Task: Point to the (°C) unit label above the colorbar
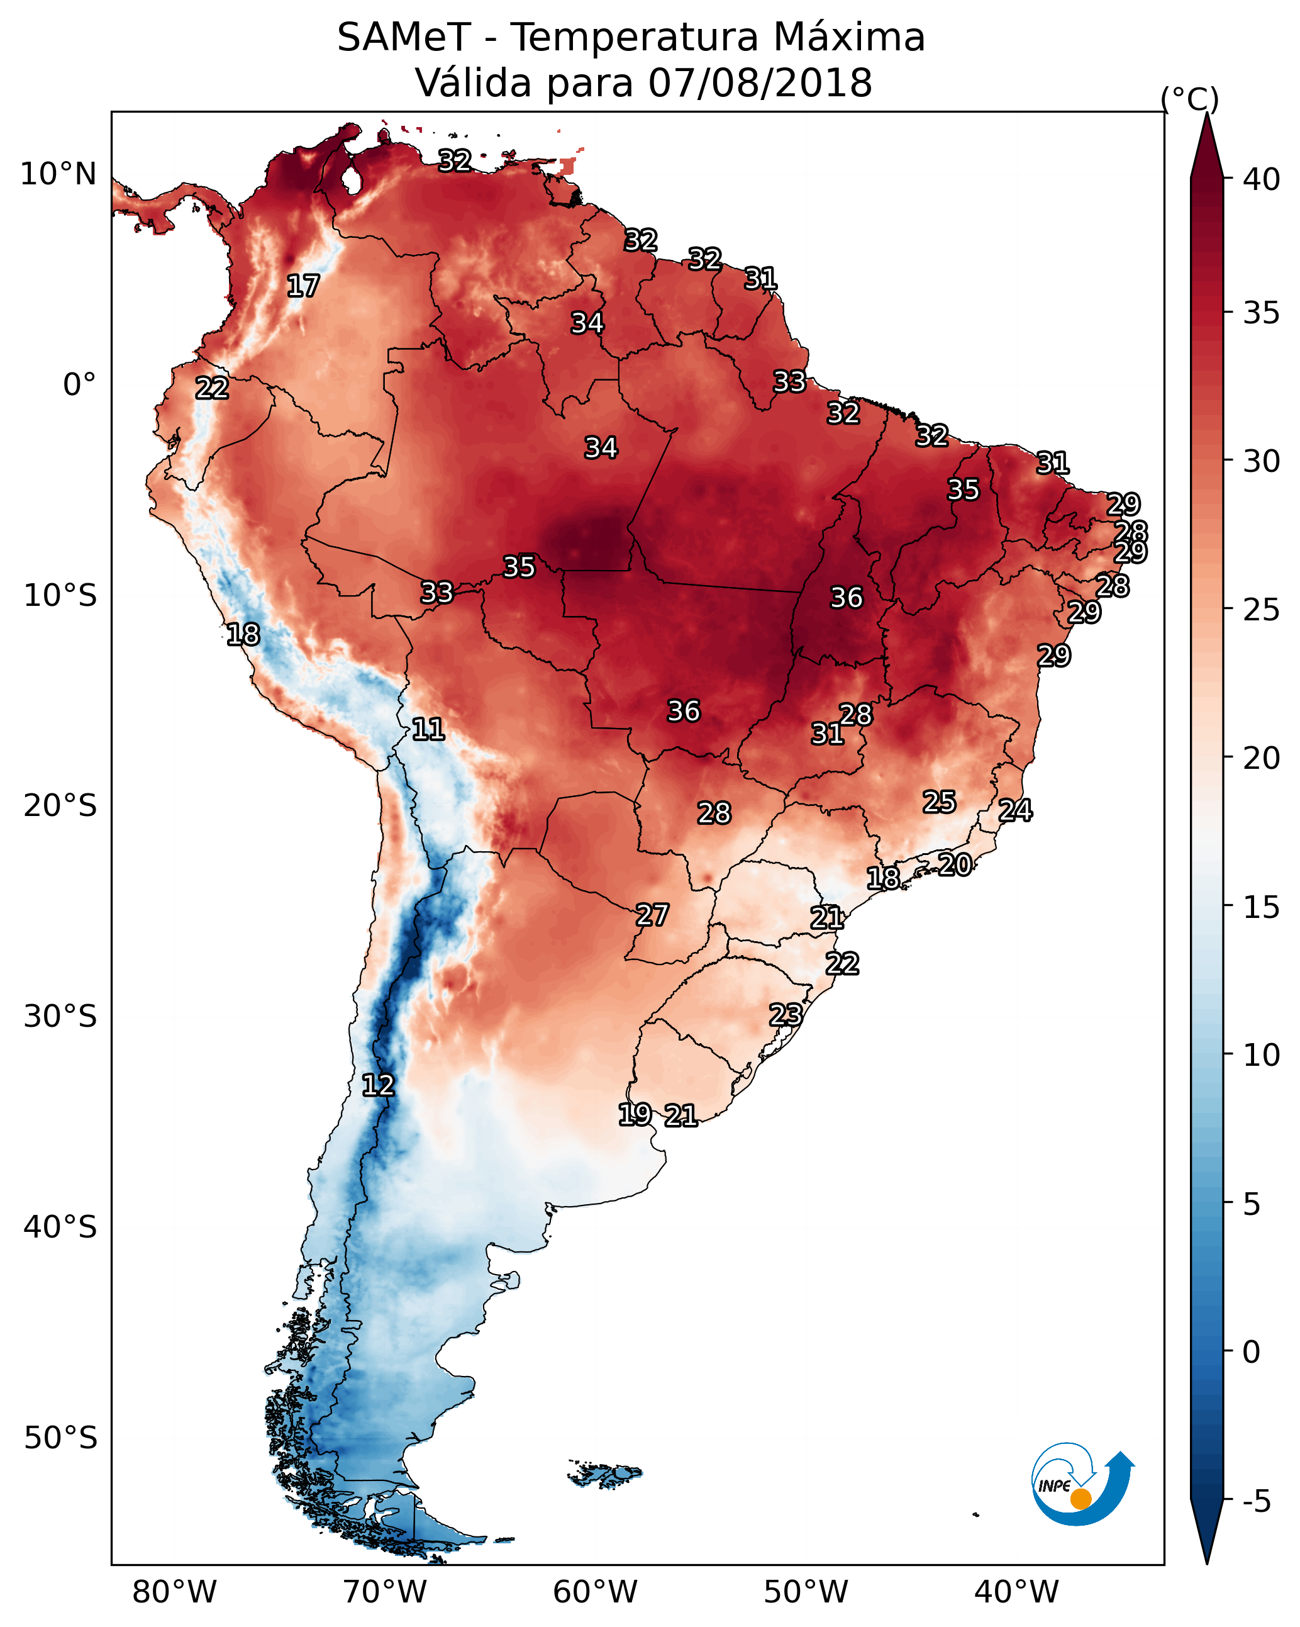1189,99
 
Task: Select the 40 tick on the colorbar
1261,179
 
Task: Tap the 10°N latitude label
58,174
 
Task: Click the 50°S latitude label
60,1438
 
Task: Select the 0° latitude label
79,385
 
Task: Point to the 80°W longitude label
174,1592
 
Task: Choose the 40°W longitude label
1016,1592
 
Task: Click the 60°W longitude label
596,1592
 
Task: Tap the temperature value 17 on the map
303,286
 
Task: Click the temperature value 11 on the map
428,729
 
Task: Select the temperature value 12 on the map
378,1085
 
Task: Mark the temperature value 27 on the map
652,915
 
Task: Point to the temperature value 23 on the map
786,1014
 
